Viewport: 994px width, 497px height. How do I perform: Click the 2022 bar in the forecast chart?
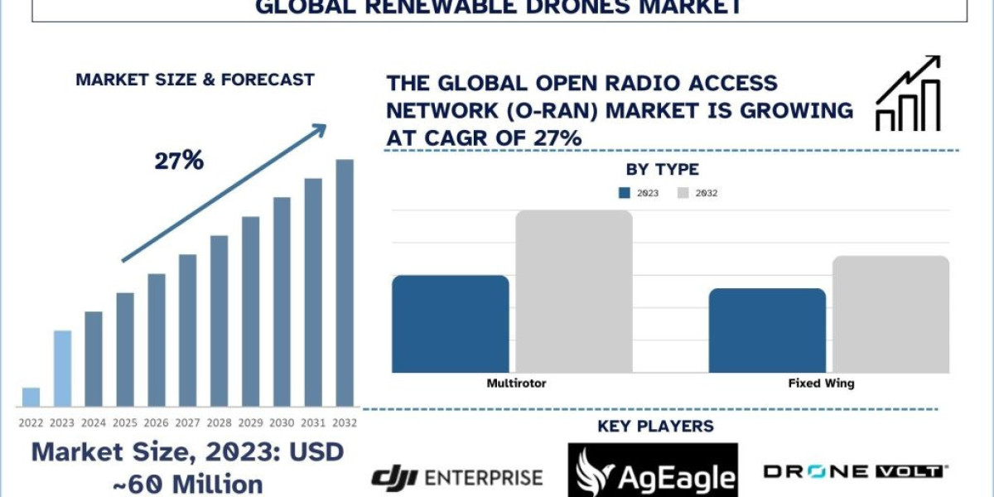[x=31, y=397]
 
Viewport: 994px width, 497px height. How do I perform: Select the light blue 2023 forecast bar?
[x=62, y=369]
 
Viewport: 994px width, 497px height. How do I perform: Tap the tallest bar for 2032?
[x=345, y=282]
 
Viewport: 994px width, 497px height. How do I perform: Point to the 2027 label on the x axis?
[x=188, y=422]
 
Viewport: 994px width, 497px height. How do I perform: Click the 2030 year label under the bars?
[x=282, y=422]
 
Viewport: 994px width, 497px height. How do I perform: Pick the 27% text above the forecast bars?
[x=179, y=161]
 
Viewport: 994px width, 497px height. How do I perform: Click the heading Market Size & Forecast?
[x=195, y=80]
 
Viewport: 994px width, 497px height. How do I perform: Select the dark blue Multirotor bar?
[x=450, y=324]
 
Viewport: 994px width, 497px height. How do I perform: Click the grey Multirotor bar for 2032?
[x=574, y=292]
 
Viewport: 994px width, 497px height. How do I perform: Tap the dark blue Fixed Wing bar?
[x=767, y=331]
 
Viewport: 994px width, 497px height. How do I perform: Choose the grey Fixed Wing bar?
[x=890, y=314]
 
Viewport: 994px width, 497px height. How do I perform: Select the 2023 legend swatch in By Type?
[x=625, y=193]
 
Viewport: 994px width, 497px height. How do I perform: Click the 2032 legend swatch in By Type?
[x=683, y=193]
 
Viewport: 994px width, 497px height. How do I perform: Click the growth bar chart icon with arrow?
[x=909, y=94]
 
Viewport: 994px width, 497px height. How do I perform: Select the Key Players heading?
[x=655, y=427]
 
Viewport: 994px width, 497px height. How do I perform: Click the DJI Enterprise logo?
[x=456, y=476]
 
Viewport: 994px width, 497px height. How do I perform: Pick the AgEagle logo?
[x=653, y=473]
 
